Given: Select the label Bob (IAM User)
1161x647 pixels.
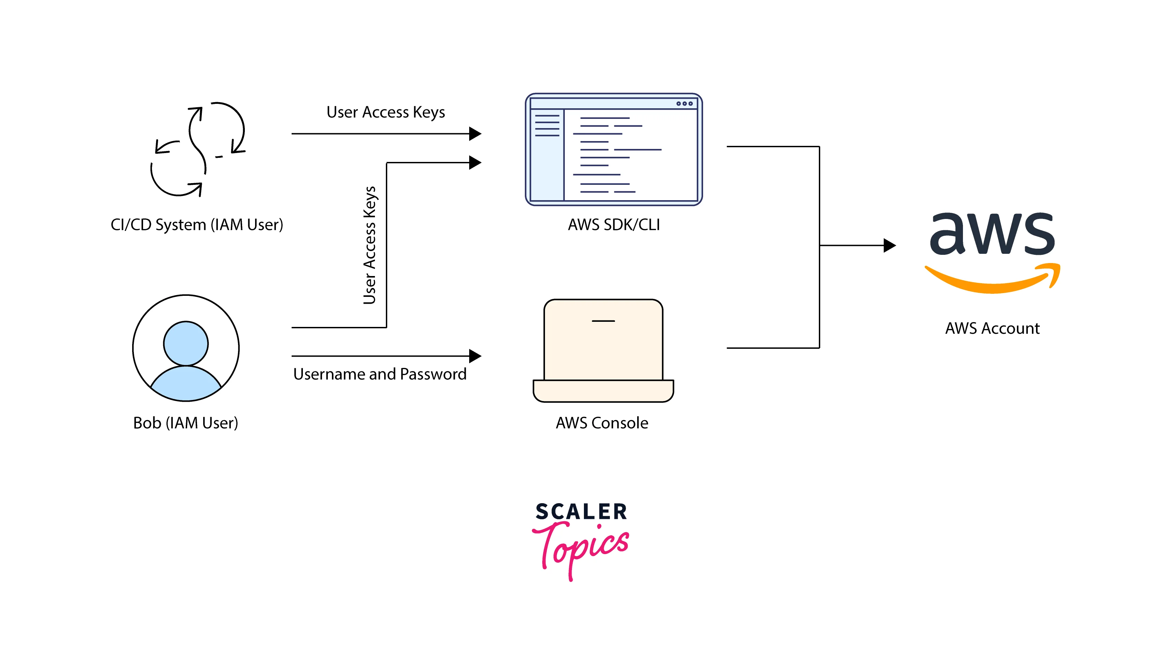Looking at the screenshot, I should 186,423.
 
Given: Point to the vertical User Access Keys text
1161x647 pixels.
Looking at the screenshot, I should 369,245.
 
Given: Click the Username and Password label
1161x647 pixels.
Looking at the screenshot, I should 379,374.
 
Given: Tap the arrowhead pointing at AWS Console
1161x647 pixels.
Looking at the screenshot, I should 475,356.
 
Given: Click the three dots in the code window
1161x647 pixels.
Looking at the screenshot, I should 684,104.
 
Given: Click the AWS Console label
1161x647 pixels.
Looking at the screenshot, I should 602,423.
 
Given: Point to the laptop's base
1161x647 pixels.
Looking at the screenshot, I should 603,390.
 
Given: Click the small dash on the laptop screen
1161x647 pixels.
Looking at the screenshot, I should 603,321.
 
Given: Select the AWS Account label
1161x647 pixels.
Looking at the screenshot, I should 992,328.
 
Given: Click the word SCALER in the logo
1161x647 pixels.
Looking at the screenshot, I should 581,512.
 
